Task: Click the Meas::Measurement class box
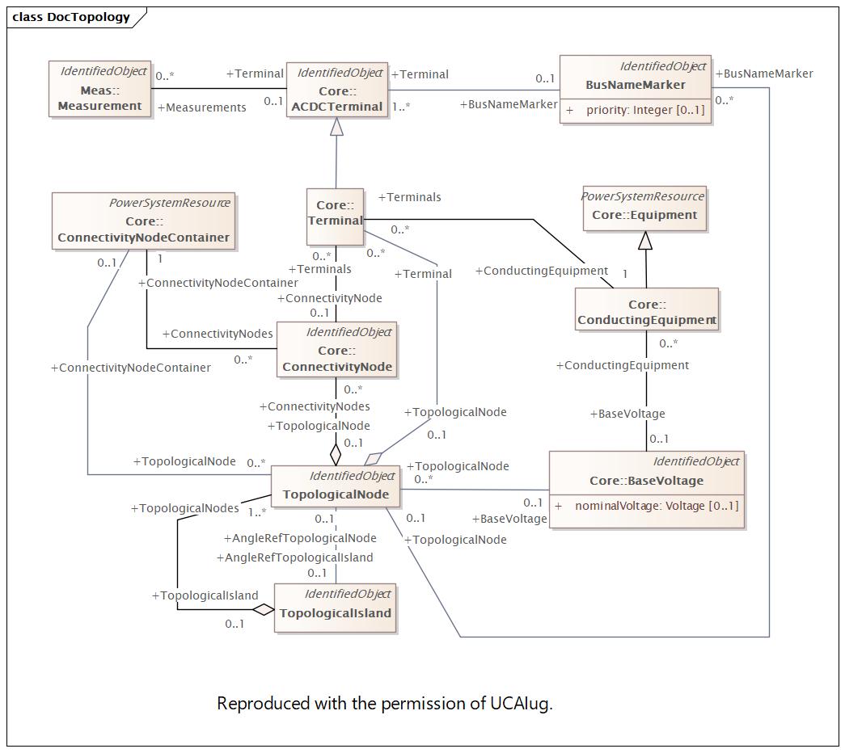click(99, 89)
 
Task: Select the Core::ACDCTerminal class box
click(338, 90)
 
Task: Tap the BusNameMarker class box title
click(636, 85)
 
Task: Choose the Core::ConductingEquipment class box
click(646, 311)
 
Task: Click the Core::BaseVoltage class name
click(646, 481)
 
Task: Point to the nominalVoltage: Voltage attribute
click(656, 506)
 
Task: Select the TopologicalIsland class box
click(335, 607)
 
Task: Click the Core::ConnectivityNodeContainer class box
click(143, 221)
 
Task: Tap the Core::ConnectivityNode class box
click(336, 350)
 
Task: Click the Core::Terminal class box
click(335, 216)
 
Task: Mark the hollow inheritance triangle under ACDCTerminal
click(336, 127)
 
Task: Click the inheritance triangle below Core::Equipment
click(644, 240)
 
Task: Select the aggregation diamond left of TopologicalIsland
click(263, 609)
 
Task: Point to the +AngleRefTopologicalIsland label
click(295, 557)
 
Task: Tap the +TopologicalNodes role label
click(185, 508)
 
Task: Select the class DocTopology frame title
click(71, 17)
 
